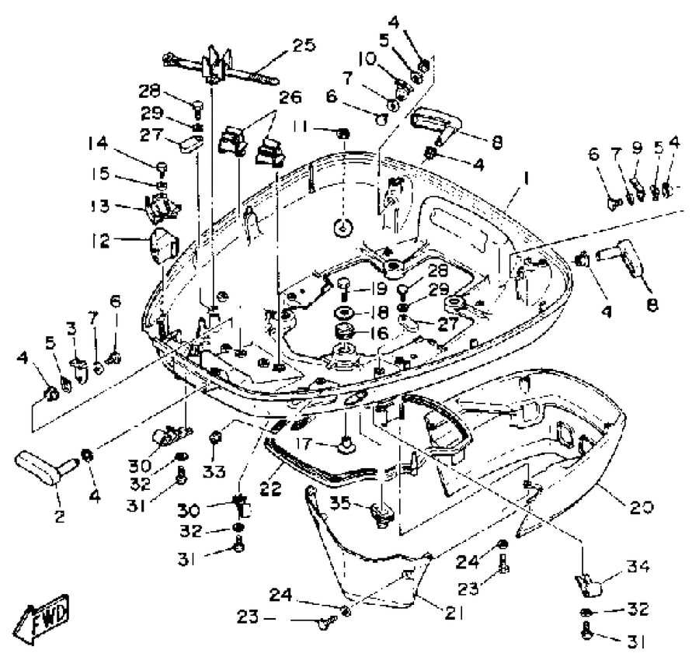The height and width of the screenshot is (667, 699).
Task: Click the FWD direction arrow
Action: coord(41,618)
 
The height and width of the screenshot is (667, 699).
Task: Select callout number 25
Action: coord(304,45)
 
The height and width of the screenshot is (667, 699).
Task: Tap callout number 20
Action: coord(642,507)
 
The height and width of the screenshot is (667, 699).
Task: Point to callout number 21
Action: coord(454,613)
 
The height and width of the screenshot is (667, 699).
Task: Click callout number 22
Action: coord(270,488)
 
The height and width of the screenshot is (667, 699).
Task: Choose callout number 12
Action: coord(99,241)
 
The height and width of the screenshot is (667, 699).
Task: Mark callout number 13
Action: coord(99,206)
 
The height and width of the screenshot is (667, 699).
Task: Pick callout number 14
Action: coord(98,144)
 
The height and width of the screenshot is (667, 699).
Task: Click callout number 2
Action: coord(59,516)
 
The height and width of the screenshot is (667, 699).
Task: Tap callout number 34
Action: coord(638,567)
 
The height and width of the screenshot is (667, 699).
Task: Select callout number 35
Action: coord(341,502)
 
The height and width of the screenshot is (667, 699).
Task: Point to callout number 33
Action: coord(214,471)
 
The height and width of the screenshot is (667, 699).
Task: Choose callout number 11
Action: coord(301,127)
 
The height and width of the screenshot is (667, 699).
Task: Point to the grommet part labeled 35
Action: coord(381,515)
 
